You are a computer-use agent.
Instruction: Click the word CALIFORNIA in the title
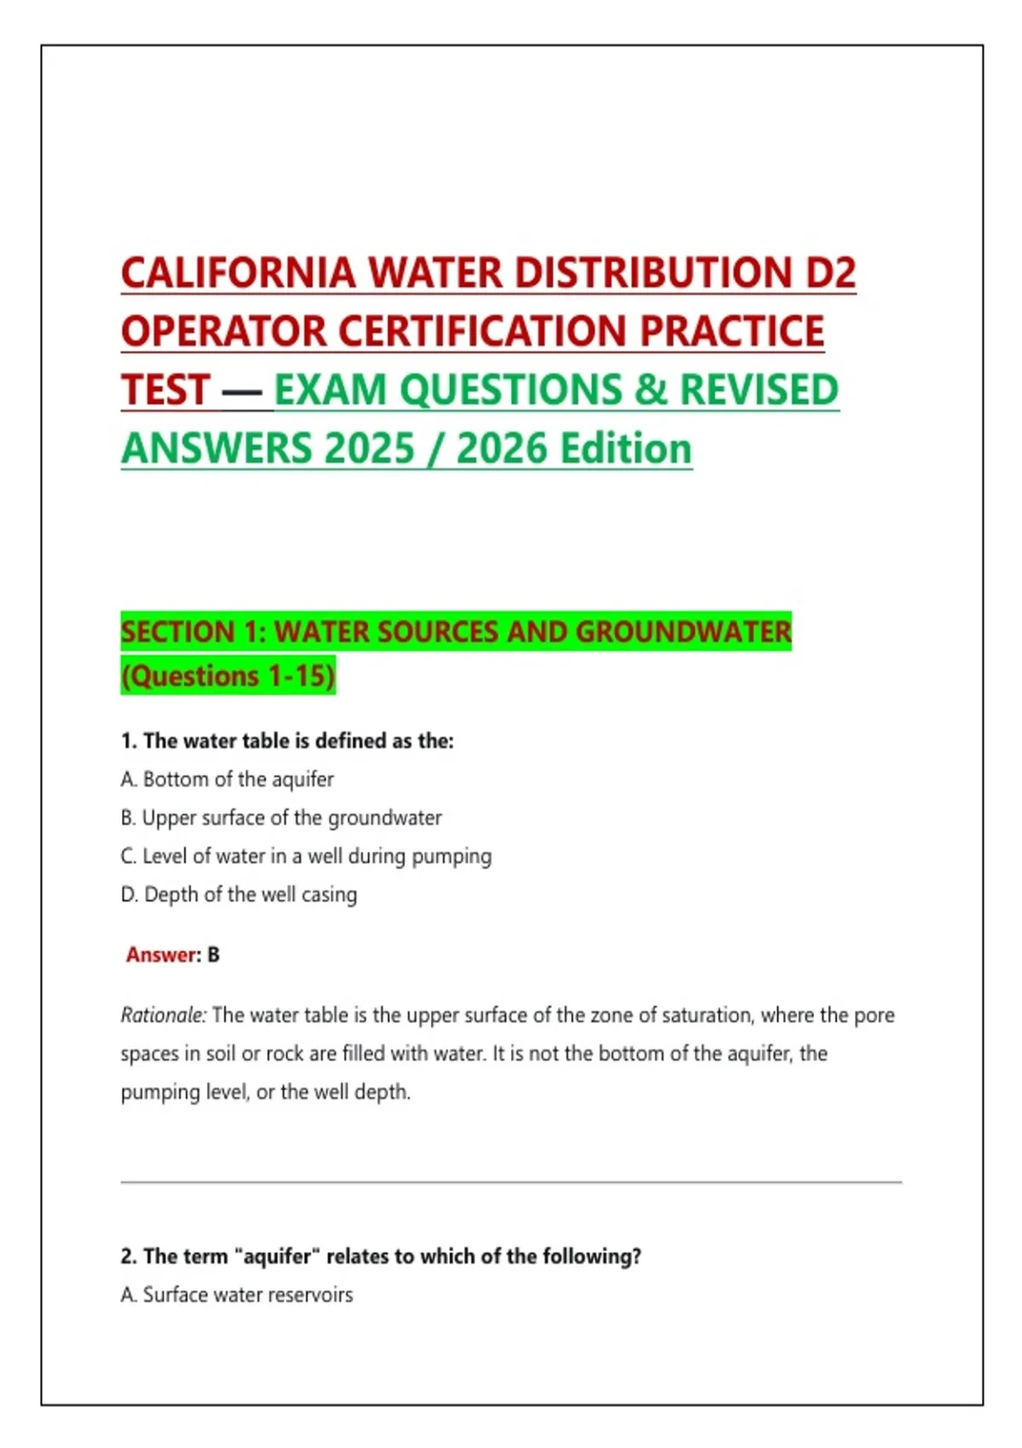pyautogui.click(x=238, y=273)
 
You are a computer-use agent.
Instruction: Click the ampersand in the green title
pyautogui.click(x=651, y=390)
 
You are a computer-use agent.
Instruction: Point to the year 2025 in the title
pyautogui.click(x=369, y=449)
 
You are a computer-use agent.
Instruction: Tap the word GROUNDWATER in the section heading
pyautogui.click(x=683, y=631)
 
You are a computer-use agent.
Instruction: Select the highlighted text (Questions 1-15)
pyautogui.click(x=228, y=675)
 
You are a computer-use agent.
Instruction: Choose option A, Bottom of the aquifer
pyautogui.click(x=227, y=779)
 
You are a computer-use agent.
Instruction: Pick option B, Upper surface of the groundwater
pyautogui.click(x=281, y=818)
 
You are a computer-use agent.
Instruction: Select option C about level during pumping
pyautogui.click(x=307, y=856)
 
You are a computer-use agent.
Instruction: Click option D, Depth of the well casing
pyautogui.click(x=239, y=894)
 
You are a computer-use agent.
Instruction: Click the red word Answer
pyautogui.click(x=161, y=955)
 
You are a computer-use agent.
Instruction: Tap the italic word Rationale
pyautogui.click(x=163, y=1015)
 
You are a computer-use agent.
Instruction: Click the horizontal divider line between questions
pyautogui.click(x=511, y=1182)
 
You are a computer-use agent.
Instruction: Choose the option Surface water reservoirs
pyautogui.click(x=237, y=1295)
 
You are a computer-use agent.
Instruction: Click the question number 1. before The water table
pyautogui.click(x=129, y=741)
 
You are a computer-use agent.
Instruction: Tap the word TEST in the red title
pyautogui.click(x=166, y=390)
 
